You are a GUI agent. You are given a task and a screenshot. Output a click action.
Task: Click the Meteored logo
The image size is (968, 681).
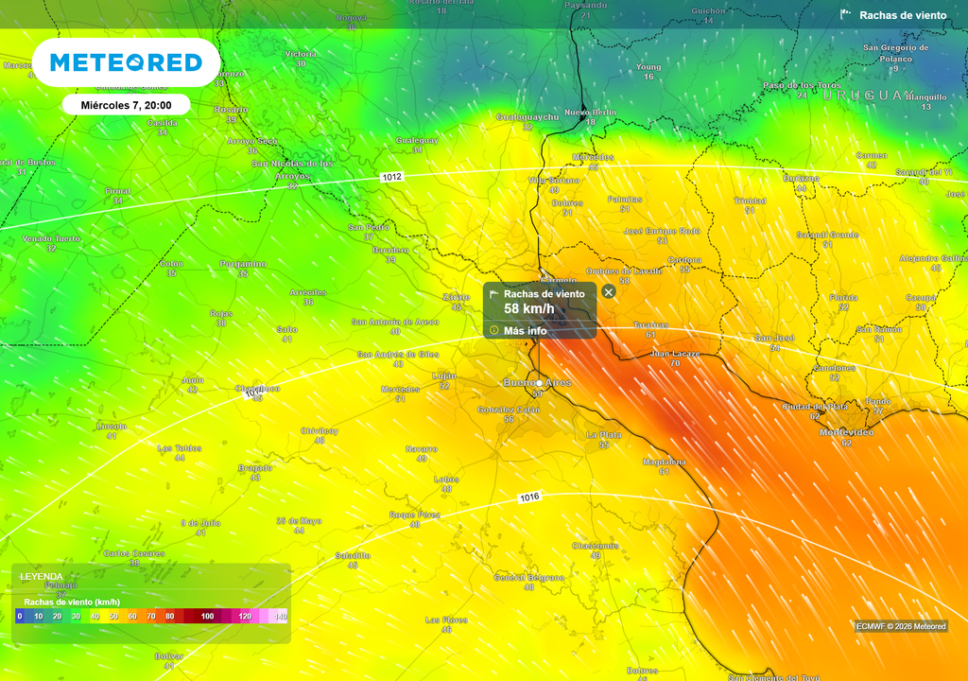[126, 62]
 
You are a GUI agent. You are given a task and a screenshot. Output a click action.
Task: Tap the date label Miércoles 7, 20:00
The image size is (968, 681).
[127, 104]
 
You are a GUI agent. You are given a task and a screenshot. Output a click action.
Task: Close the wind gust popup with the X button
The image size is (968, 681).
[609, 292]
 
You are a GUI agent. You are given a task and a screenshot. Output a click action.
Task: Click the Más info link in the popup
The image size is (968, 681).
[525, 331]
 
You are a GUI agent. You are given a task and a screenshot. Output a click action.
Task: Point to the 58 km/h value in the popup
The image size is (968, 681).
[528, 309]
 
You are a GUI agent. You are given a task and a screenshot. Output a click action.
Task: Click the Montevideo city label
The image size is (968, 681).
[846, 432]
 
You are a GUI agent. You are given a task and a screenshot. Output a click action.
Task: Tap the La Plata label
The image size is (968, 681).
[604, 434]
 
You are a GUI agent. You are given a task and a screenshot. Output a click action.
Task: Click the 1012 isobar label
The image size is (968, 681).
[392, 177]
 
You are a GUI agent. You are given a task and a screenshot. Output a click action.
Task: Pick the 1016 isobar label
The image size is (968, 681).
[529, 498]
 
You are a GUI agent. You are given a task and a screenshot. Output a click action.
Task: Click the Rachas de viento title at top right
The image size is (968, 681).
[902, 15]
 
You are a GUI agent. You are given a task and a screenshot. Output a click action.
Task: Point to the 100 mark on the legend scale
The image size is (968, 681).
[207, 617]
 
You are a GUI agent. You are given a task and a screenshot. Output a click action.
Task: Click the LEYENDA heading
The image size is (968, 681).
[42, 576]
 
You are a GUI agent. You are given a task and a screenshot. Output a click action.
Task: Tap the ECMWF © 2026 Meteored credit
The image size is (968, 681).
[901, 626]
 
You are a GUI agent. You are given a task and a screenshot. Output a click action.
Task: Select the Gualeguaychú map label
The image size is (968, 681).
[527, 116]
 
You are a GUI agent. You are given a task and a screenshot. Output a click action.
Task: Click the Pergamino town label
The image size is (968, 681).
[243, 264]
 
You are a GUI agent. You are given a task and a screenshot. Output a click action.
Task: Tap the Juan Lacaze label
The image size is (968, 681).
[675, 354]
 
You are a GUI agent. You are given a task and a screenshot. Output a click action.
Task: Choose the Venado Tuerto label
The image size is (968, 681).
[51, 238]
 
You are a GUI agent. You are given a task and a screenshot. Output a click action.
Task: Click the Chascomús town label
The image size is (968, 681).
[596, 546]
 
